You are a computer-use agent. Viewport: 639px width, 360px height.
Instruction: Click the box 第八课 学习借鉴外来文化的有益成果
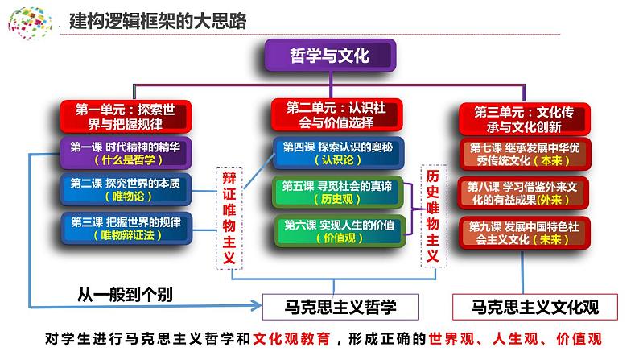coord(520,192)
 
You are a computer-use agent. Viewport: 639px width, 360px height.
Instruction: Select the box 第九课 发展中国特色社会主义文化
coord(520,232)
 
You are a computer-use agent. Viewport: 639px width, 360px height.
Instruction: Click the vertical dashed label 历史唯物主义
coord(433,214)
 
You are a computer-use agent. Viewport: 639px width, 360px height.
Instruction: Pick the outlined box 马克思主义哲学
coord(341,306)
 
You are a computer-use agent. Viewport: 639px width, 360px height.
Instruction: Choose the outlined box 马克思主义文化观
coord(535,306)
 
